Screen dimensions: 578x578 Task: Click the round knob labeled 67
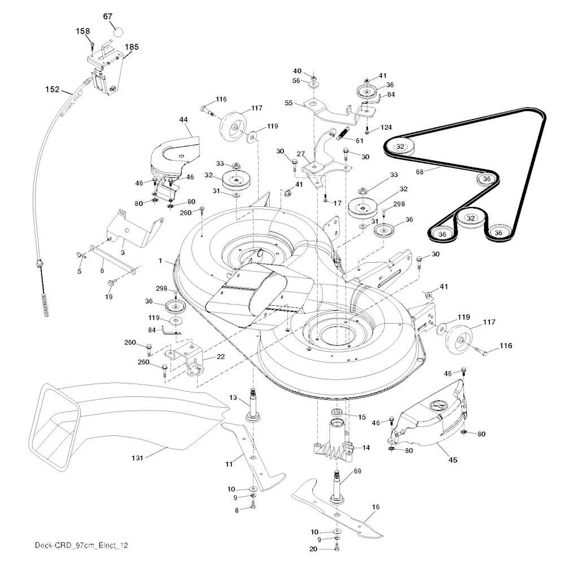click(x=117, y=32)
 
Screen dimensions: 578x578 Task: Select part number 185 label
click(x=132, y=47)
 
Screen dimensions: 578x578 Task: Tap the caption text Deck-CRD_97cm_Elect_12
click(x=81, y=545)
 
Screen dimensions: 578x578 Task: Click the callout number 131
click(x=137, y=458)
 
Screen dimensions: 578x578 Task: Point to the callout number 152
click(x=52, y=89)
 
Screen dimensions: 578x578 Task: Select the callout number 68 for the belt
click(x=419, y=172)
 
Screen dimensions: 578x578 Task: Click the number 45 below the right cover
click(x=453, y=460)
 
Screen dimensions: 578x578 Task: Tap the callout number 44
click(x=183, y=120)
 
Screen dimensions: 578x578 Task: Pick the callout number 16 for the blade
click(x=375, y=507)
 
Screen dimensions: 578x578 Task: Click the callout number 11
click(x=229, y=464)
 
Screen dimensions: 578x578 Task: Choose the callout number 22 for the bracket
click(x=221, y=357)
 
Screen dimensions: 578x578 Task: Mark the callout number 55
click(x=288, y=103)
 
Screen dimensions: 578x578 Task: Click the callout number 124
click(x=386, y=127)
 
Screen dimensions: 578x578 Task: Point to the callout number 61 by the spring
click(x=359, y=141)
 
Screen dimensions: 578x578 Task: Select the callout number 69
click(x=357, y=471)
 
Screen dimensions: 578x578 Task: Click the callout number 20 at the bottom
click(x=313, y=549)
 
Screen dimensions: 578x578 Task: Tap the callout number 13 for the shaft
click(x=233, y=398)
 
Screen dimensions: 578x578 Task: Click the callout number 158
click(x=82, y=31)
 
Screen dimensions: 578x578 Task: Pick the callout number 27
click(x=301, y=154)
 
